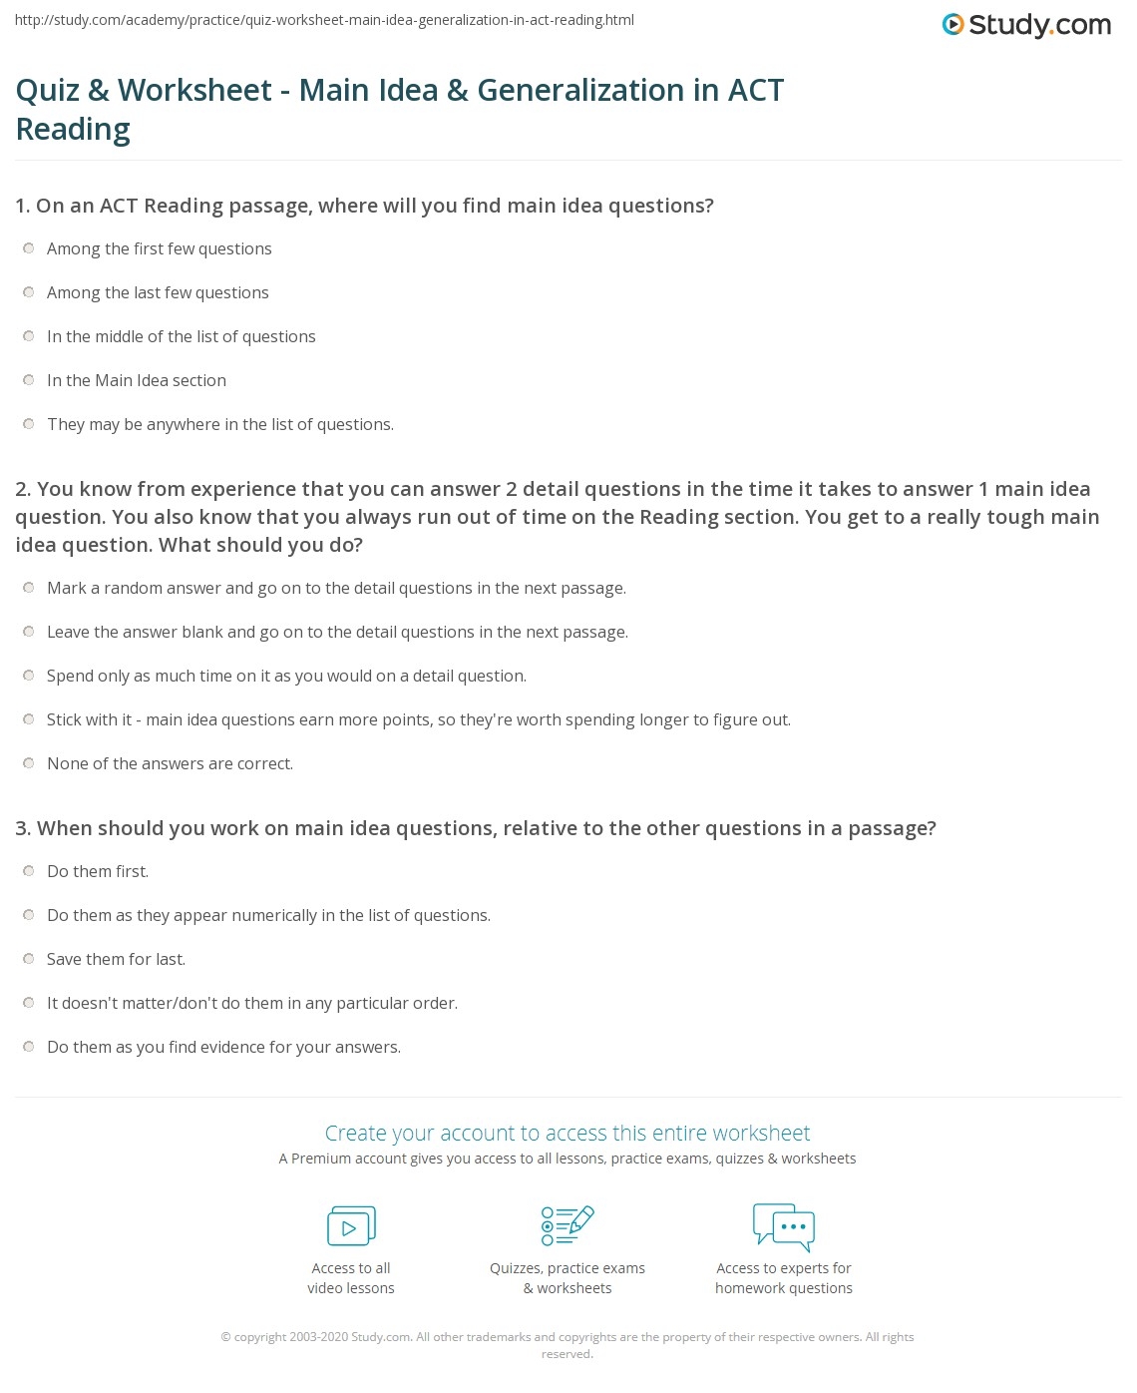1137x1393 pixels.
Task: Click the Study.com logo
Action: (1026, 25)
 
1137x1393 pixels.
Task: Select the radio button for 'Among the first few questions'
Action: (29, 248)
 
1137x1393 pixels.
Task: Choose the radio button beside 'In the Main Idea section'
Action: (29, 380)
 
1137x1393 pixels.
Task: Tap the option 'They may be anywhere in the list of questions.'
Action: (219, 424)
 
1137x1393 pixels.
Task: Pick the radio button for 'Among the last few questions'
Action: (29, 292)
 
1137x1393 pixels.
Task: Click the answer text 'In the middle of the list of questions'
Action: (181, 336)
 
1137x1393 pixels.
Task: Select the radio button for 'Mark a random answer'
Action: (29, 588)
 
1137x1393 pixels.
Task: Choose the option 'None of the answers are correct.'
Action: (170, 763)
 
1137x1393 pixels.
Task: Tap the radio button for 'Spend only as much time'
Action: (29, 676)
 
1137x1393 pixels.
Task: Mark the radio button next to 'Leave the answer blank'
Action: (29, 632)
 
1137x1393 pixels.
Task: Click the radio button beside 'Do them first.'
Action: (29, 871)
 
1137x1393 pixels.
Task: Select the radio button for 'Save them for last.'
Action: (29, 959)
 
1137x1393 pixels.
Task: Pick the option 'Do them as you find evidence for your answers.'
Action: (223, 1047)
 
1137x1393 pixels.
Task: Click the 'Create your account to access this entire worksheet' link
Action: (568, 1133)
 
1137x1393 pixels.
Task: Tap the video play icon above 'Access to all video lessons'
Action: (351, 1226)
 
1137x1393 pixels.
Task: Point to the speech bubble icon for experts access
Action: (784, 1226)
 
